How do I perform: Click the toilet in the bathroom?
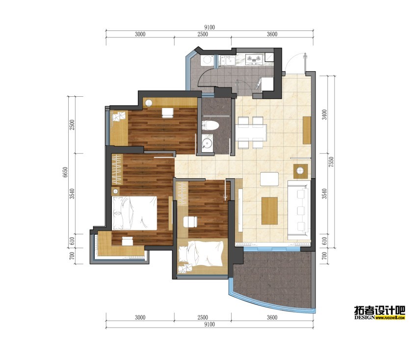tap(210, 125)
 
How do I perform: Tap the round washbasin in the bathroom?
tap(207, 143)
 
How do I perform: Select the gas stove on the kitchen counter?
tap(254, 59)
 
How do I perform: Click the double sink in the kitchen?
tap(227, 60)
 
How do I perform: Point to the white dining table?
tap(251, 133)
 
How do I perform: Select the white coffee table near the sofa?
tap(269, 179)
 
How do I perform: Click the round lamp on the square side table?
tap(300, 171)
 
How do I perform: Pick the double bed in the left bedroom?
tap(134, 213)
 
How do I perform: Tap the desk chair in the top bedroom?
tap(168, 112)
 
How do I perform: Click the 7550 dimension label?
tap(331, 162)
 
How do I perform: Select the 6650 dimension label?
tap(65, 172)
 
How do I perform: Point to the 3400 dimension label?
tap(324, 114)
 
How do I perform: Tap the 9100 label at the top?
tap(209, 27)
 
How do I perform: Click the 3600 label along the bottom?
tap(272, 317)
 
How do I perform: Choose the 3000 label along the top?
tap(140, 34)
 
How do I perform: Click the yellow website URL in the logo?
tap(390, 318)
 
